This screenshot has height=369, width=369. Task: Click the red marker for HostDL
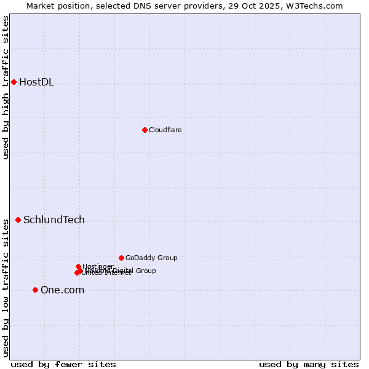tap(14, 82)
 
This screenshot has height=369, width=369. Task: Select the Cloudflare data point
tap(145, 130)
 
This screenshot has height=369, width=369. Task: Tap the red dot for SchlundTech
tap(18, 220)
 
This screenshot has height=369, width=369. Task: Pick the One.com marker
tap(35, 290)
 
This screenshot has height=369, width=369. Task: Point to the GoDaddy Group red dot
tap(121, 258)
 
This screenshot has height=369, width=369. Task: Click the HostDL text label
tap(36, 82)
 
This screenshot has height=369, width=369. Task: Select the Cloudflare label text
tap(165, 130)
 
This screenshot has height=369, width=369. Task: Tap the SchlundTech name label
tap(54, 220)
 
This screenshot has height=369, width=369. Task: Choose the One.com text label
tap(62, 290)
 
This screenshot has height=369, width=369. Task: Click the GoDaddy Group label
tap(151, 258)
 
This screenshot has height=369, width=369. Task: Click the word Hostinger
tap(98, 266)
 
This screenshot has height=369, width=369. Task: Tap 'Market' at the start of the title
tap(40, 6)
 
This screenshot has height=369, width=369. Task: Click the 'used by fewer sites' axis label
tap(63, 364)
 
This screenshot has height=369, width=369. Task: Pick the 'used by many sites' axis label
tap(309, 364)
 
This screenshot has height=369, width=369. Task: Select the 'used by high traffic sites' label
tap(6, 87)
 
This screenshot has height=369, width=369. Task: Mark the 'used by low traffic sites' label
tap(6, 287)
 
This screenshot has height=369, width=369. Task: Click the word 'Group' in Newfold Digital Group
tap(145, 271)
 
